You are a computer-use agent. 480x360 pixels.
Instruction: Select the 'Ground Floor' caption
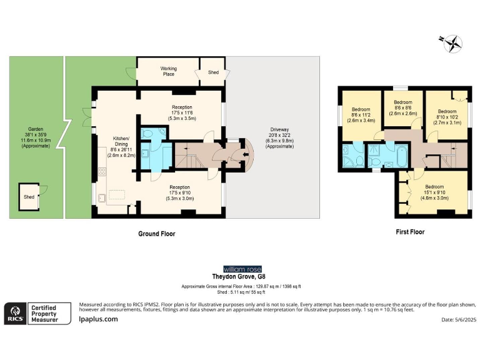coord(156,234)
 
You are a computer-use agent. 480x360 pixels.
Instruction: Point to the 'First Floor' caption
coord(410,232)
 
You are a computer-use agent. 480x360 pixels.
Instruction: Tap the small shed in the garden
coord(29,196)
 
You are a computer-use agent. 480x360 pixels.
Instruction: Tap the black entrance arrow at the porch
coord(236,156)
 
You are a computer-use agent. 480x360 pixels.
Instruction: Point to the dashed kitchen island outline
coord(117,195)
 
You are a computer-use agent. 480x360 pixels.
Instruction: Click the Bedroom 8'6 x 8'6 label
coord(402,107)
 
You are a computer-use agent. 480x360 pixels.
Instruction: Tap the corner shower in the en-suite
coord(348,162)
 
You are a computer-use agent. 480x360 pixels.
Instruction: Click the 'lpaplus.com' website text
coord(98,319)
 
